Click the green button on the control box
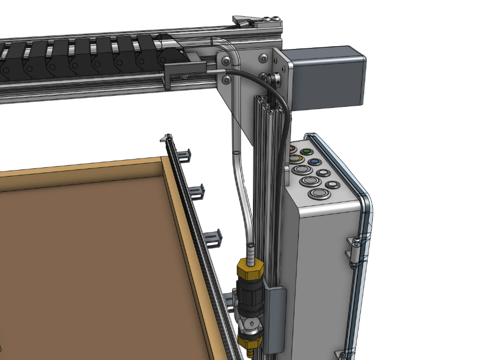point(307,151)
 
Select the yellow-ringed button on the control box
point(296,159)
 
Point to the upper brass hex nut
point(248,270)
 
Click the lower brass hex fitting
point(248,342)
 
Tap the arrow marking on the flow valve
point(250,322)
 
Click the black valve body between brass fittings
point(248,297)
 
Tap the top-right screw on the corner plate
point(264,57)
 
